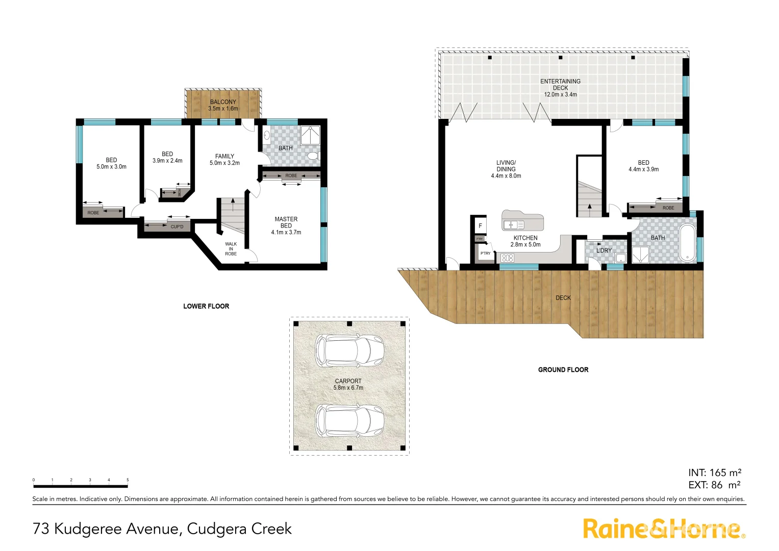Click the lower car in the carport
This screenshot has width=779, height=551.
coord(349,420)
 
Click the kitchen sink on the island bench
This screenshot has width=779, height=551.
coord(514,224)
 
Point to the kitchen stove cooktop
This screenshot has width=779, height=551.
coord(507,258)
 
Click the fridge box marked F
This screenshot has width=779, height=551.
coord(480,226)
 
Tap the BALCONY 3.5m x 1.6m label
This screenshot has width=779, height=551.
coord(223,105)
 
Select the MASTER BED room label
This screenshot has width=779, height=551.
coord(286,222)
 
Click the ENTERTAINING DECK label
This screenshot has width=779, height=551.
coord(560,85)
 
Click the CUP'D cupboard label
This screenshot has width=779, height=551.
coord(177,227)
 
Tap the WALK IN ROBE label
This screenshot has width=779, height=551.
coord(231,249)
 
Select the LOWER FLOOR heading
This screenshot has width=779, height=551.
coord(206,306)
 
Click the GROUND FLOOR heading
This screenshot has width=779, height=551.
coord(563,370)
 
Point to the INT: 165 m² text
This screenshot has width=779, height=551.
coord(714,473)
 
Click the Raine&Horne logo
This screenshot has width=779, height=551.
coord(663,529)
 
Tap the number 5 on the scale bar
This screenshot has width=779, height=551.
coord(128,480)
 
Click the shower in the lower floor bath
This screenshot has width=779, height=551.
coord(308,136)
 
